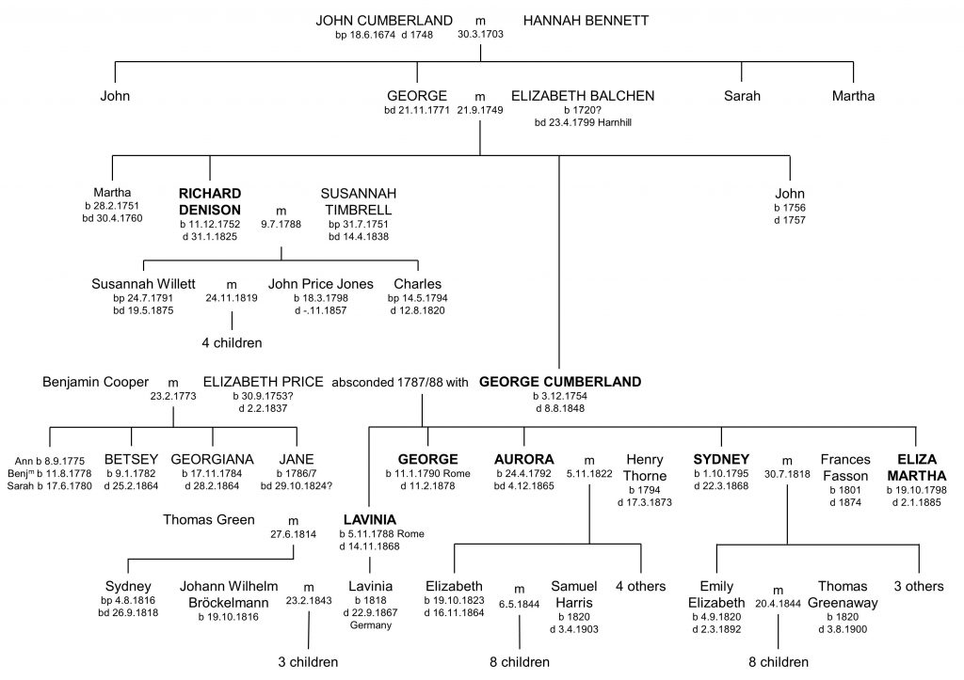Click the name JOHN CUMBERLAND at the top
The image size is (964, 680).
[384, 21]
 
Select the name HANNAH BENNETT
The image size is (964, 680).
[586, 21]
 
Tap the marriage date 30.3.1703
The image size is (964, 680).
[480, 35]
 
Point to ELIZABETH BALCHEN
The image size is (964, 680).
[583, 96]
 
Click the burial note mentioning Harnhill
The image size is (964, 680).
[583, 122]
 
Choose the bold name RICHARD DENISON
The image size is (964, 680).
[210, 201]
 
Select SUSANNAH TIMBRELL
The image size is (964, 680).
[359, 201]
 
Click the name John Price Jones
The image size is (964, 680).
[321, 284]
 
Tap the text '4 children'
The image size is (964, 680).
[232, 342]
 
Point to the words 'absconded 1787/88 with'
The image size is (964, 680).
[400, 382]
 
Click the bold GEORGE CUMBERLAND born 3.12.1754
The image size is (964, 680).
[560, 382]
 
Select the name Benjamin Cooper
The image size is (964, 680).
[95, 382]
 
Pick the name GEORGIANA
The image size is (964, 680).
[212, 460]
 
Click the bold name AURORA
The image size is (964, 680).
[523, 460]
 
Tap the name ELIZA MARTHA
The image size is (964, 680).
[917, 467]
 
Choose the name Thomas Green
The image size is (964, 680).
[208, 520]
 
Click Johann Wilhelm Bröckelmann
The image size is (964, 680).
[229, 594]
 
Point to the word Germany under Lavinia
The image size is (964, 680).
[371, 625]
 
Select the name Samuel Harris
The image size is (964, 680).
[574, 594]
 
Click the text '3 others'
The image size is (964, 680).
[919, 586]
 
